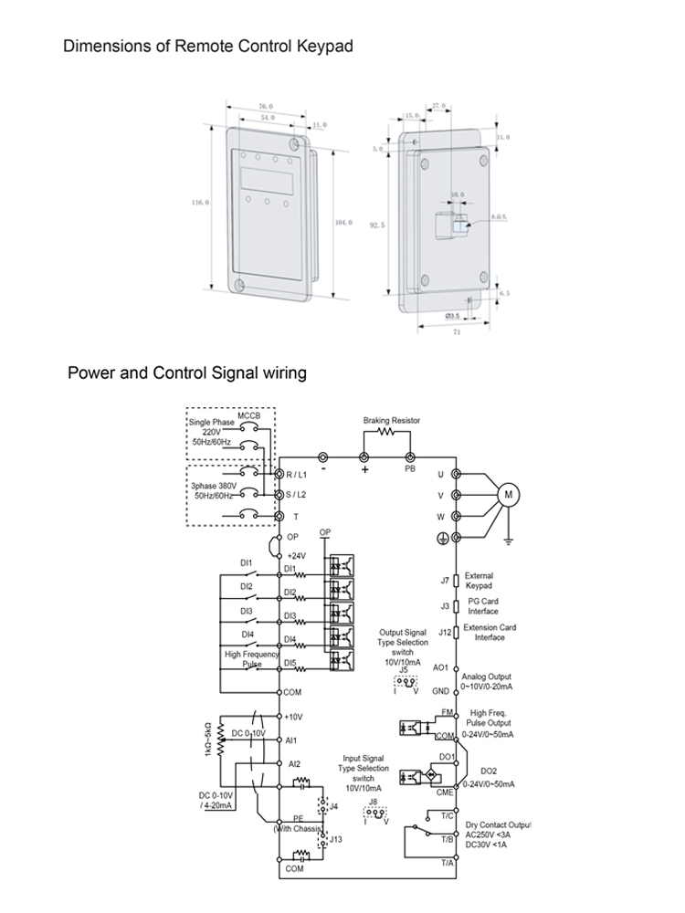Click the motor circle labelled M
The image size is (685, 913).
coord(508,495)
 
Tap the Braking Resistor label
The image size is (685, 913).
coord(391,420)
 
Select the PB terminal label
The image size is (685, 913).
coord(410,468)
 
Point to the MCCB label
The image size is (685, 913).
coord(249,416)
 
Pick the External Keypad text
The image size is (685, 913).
coord(479,581)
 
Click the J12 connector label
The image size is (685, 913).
coord(445,631)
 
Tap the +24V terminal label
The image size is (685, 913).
coord(296,555)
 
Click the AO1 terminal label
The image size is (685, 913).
coord(440,667)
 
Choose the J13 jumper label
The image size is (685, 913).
coord(335,839)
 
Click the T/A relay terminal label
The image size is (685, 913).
coord(447,862)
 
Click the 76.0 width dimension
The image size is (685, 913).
coord(266,106)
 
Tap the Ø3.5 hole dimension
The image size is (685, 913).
coord(451,315)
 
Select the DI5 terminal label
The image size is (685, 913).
coord(290,663)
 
